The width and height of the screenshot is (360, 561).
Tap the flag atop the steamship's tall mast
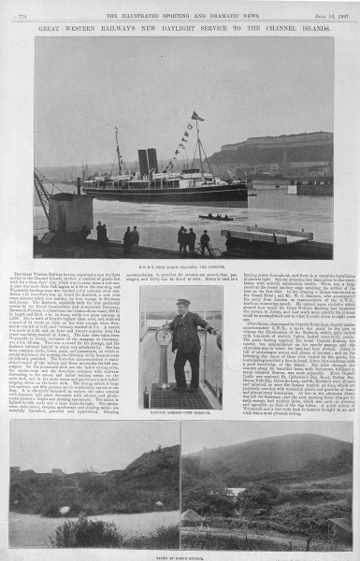tap(196, 117)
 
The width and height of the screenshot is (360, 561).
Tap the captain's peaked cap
tap(184, 303)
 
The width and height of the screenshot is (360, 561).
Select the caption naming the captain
tap(180, 413)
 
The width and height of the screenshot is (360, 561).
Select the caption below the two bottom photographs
tap(180, 554)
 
